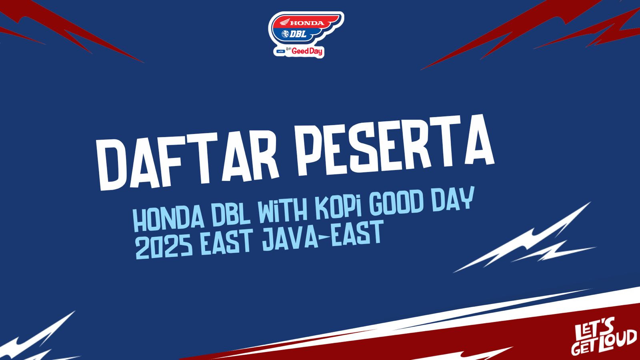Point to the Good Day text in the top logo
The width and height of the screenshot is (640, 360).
click(307, 52)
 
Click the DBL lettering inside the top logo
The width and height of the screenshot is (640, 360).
click(298, 34)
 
